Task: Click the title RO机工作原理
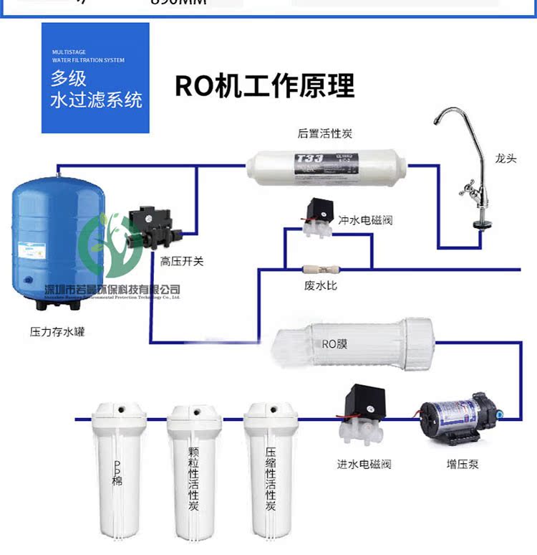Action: pos(265,85)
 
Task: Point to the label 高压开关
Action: pos(182,262)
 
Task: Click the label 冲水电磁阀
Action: pos(365,220)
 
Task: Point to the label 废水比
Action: pos(320,285)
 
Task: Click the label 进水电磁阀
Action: pos(364,464)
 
